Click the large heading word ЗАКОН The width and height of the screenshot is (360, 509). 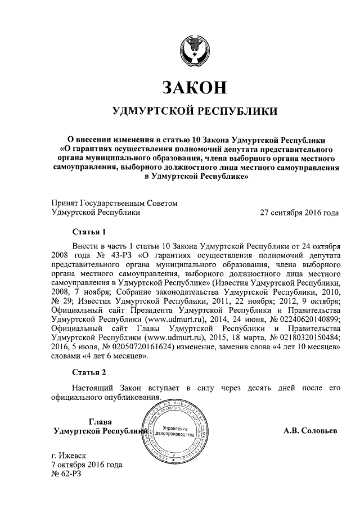(x=195, y=87)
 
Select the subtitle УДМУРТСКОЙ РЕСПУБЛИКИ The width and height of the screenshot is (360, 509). (x=195, y=111)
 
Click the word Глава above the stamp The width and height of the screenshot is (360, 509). (x=100, y=422)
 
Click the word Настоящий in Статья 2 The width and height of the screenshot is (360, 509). (x=92, y=388)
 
